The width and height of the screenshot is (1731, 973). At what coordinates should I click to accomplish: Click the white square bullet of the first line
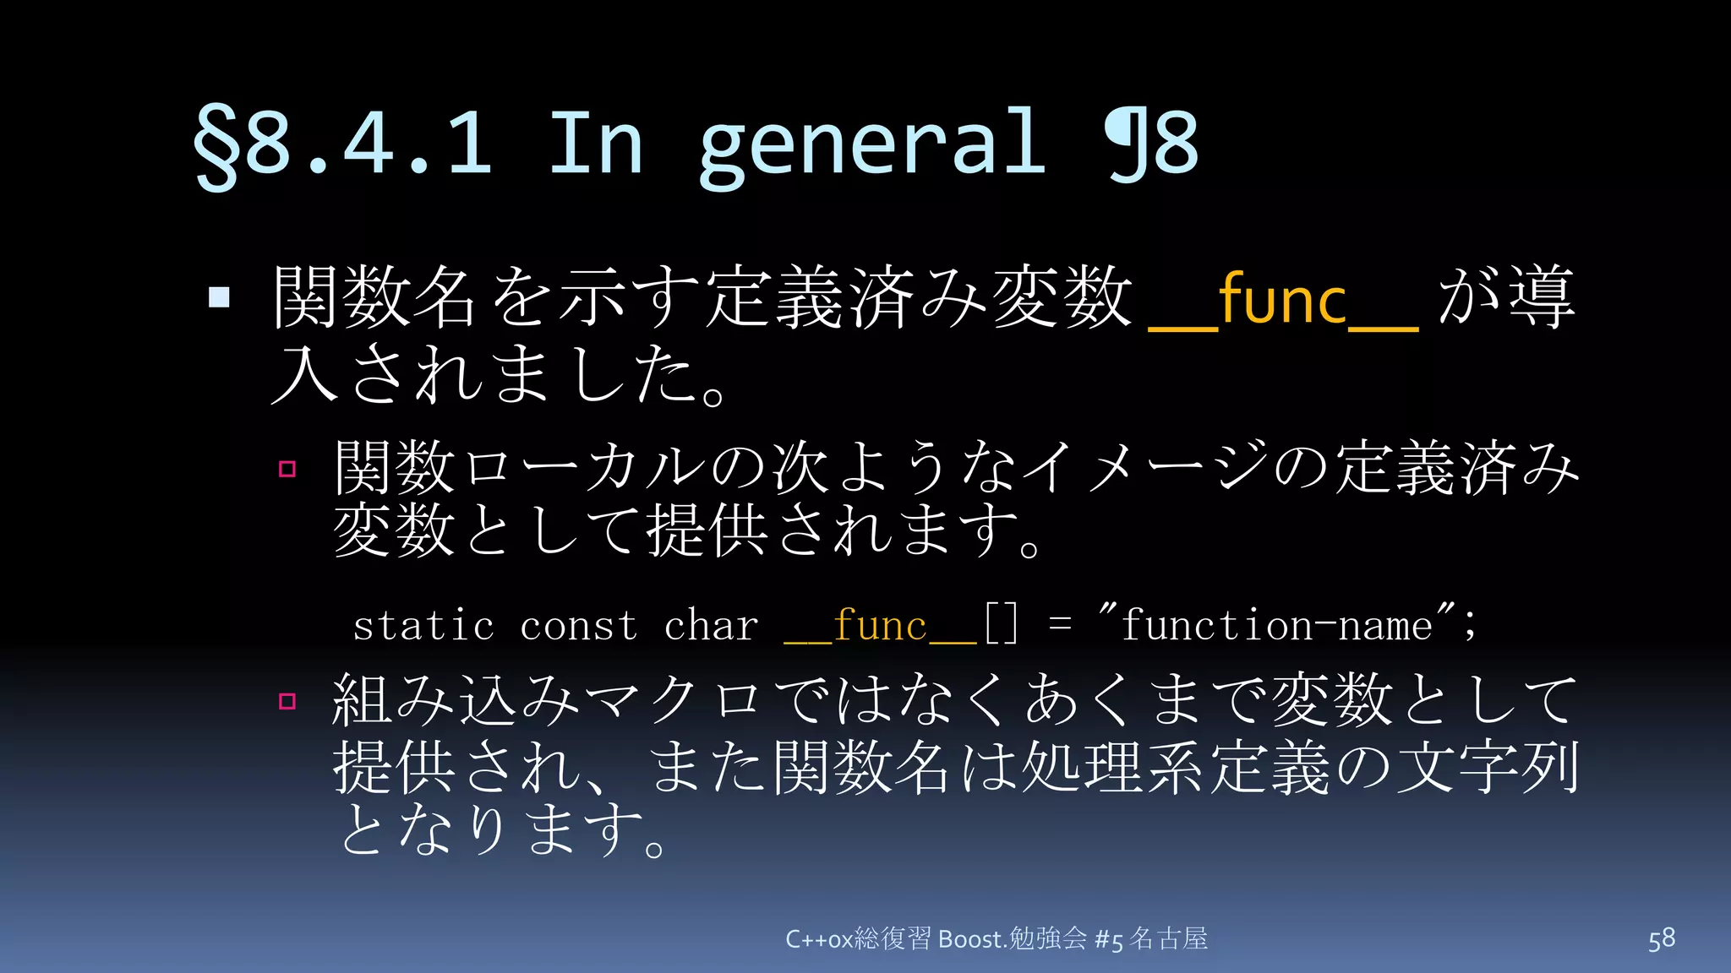click(219, 297)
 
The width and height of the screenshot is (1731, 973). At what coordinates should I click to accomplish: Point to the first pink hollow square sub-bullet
click(287, 469)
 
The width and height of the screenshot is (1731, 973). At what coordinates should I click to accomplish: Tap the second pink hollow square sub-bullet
click(287, 701)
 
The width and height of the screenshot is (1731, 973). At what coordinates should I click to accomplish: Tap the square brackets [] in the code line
click(1002, 625)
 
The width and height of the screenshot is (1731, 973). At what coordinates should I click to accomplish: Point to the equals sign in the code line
click(1060, 625)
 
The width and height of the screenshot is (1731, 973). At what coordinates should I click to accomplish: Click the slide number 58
click(1661, 939)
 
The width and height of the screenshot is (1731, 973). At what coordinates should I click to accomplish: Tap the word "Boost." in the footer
click(972, 939)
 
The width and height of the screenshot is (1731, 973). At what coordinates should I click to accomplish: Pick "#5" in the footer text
click(1108, 939)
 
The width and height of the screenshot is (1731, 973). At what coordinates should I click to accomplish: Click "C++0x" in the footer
click(818, 939)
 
